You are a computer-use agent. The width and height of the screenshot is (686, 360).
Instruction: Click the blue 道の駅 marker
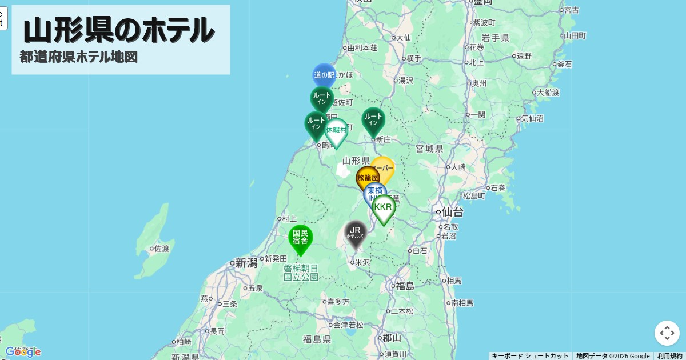tap(324, 75)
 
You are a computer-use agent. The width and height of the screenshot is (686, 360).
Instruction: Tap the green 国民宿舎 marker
tap(300, 237)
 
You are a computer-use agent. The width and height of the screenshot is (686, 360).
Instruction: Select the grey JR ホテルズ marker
tap(356, 232)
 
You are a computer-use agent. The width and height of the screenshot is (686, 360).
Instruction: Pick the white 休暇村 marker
tap(336, 130)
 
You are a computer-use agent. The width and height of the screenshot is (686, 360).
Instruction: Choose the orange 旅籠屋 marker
tap(368, 178)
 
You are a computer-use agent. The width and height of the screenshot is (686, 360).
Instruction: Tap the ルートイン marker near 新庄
tap(373, 119)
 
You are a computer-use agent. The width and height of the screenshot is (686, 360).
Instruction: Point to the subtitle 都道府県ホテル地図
tap(79, 57)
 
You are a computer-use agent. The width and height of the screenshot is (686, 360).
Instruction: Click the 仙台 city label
tap(452, 213)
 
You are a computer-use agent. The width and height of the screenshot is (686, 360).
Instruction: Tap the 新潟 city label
tap(247, 263)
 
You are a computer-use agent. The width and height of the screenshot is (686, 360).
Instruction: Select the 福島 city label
tap(405, 286)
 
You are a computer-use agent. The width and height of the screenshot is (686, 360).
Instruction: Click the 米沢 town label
tap(362, 262)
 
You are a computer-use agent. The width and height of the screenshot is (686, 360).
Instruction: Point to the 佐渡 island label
tap(161, 249)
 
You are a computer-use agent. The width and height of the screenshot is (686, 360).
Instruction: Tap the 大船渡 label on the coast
tap(548, 92)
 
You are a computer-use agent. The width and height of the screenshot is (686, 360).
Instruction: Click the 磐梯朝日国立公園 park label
tap(301, 273)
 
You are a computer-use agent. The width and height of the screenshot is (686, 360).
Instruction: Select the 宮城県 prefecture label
tap(429, 149)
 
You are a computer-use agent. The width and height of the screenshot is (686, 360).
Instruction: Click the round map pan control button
tap(667, 333)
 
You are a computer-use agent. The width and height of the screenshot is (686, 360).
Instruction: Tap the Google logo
tap(23, 352)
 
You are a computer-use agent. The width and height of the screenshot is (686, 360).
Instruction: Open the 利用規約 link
tap(669, 356)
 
